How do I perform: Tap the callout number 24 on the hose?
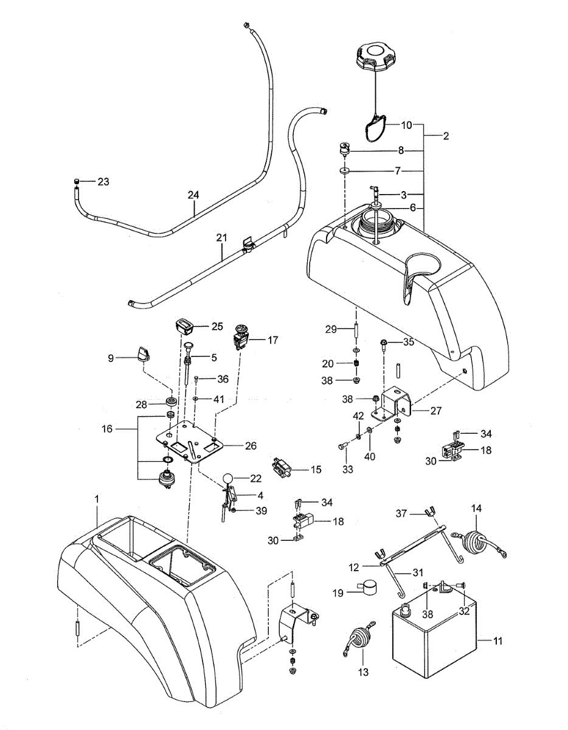click(x=193, y=195)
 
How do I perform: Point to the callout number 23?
click(x=103, y=182)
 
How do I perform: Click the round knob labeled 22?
click(x=228, y=478)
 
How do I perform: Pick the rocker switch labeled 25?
click(x=185, y=327)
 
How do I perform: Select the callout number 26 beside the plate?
click(x=251, y=446)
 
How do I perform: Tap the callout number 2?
click(x=446, y=136)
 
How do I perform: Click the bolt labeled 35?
click(x=384, y=347)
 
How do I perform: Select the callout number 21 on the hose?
click(x=221, y=237)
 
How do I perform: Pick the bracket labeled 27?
click(x=391, y=403)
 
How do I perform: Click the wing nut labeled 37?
click(x=429, y=513)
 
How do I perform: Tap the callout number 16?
click(x=107, y=429)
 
